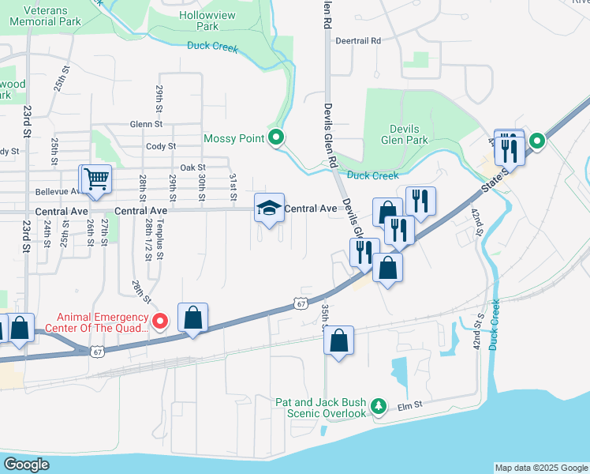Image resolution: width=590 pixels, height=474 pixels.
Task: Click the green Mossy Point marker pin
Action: point(275,138)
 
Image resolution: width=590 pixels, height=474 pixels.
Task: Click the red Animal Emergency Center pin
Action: point(160,321)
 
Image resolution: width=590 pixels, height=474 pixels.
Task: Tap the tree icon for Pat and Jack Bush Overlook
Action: point(379,405)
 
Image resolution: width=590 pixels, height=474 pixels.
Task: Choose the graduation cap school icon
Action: point(269,209)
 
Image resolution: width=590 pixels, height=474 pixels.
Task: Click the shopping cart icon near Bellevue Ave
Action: point(96,179)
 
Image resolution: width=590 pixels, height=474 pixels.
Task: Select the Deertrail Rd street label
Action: point(357,40)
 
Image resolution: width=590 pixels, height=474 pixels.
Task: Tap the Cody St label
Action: point(160,146)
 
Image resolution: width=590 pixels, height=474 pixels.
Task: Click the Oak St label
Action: point(192,167)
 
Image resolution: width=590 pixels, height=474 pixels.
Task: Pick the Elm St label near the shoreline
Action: point(411,404)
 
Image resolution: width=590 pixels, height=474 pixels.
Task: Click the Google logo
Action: point(28,465)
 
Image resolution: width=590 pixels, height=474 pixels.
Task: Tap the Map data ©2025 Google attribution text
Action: point(541,468)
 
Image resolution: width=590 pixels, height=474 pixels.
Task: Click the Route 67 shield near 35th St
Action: point(299,303)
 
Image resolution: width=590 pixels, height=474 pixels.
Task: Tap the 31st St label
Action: point(233,186)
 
